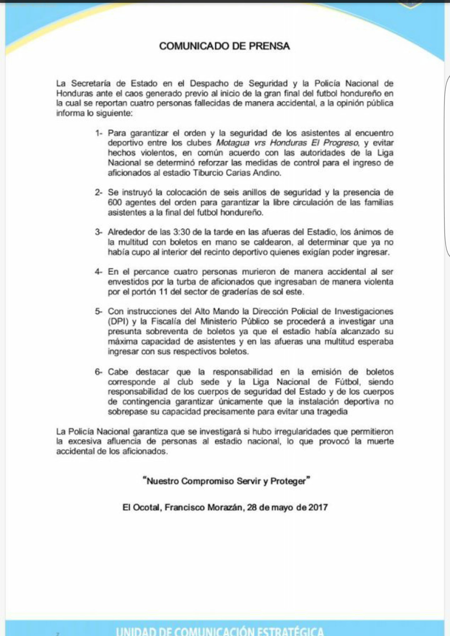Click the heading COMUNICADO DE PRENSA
(x=224, y=46)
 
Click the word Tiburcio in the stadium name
(x=205, y=173)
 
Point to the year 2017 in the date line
(x=318, y=507)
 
